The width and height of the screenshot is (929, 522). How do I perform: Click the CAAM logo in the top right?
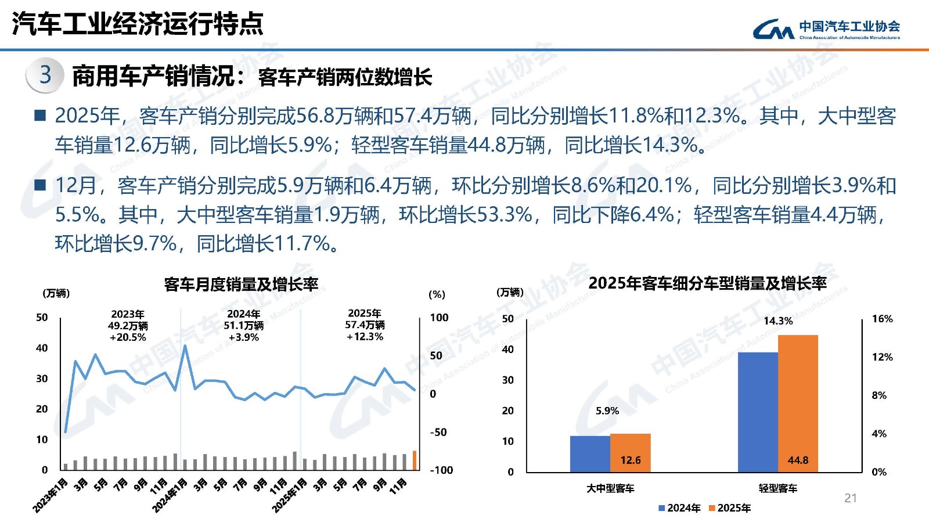pyautogui.click(x=826, y=28)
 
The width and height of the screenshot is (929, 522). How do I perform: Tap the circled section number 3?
pyautogui.click(x=45, y=75)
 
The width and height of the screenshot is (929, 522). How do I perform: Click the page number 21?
pyautogui.click(x=851, y=498)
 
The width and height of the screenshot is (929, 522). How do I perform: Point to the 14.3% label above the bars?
pyautogui.click(x=777, y=321)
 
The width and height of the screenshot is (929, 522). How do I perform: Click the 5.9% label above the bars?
pyautogui.click(x=607, y=411)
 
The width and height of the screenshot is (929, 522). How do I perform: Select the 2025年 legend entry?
pyautogui.click(x=730, y=508)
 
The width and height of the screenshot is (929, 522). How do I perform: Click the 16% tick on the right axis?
pyautogui.click(x=882, y=319)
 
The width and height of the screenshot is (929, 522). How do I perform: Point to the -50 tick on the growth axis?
pyautogui.click(x=438, y=432)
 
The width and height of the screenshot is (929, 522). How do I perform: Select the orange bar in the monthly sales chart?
pyautogui.click(x=415, y=460)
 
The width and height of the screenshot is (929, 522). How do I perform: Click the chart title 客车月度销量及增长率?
pyautogui.click(x=241, y=284)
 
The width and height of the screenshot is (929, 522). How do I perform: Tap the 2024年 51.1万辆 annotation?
pyautogui.click(x=244, y=325)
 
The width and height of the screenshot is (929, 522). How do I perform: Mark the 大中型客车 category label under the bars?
pyautogui.click(x=610, y=488)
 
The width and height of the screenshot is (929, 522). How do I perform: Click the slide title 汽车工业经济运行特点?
pyautogui.click(x=138, y=24)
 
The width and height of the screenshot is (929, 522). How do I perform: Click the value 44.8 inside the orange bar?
pyautogui.click(x=798, y=460)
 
